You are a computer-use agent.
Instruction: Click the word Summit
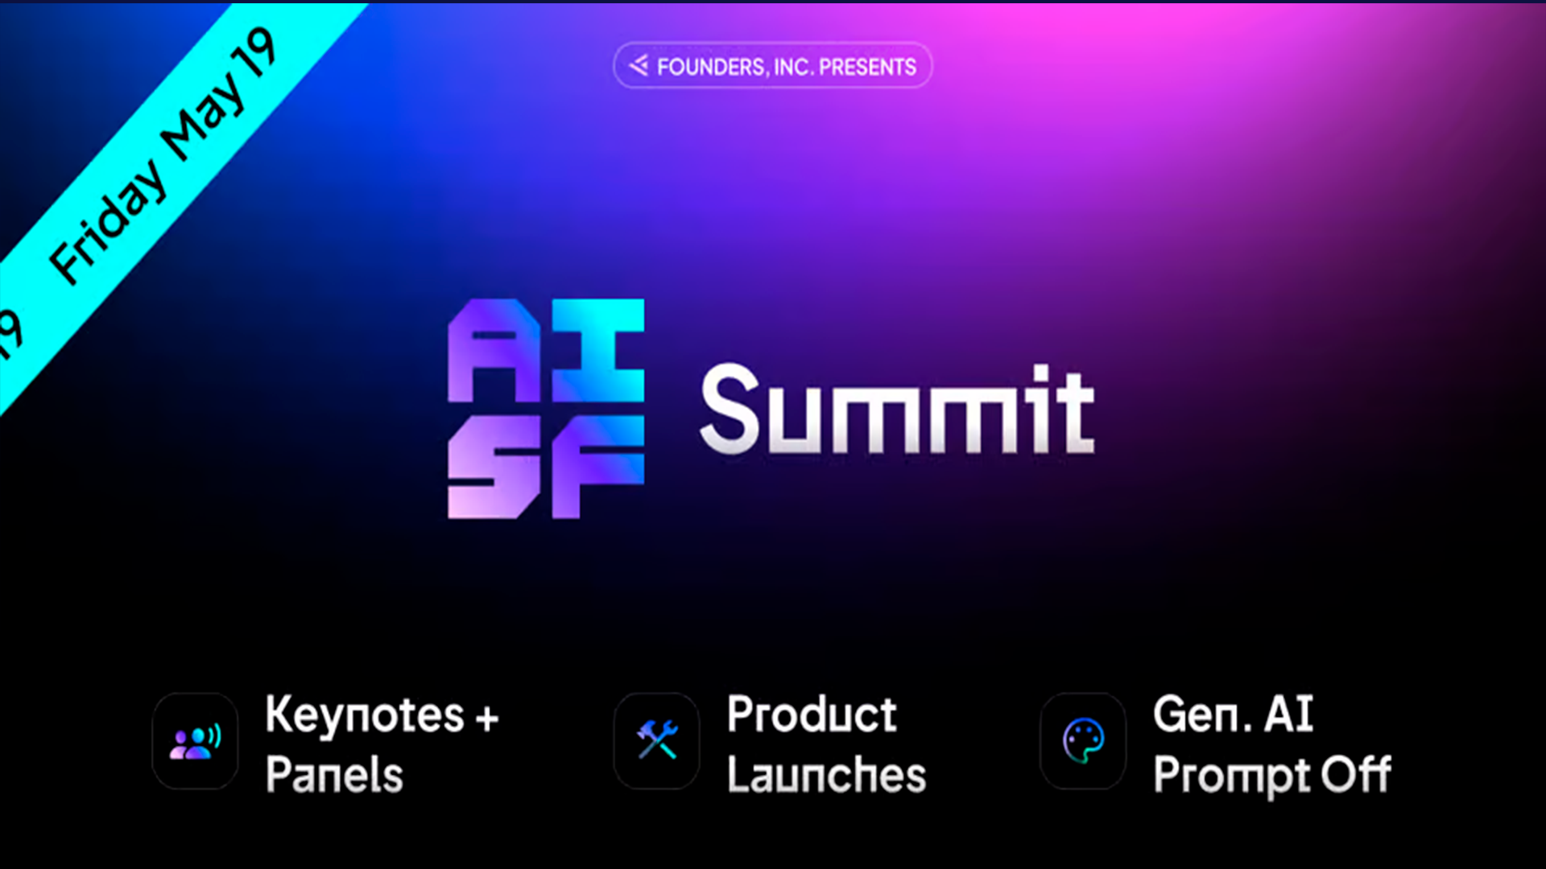[897, 409]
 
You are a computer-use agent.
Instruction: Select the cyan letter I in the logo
[598, 350]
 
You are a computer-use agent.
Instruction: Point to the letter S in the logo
[494, 467]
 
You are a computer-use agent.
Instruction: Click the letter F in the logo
[598, 467]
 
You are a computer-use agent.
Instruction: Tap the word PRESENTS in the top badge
[867, 67]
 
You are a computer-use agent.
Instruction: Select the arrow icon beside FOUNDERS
[639, 65]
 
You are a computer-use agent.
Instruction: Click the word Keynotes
[365, 715]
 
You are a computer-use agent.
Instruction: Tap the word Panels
[334, 774]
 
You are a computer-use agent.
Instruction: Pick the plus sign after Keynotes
[487, 718]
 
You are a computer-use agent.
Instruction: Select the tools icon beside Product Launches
[657, 740]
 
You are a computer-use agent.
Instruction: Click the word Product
[812, 714]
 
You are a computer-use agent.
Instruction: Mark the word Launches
[827, 774]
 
